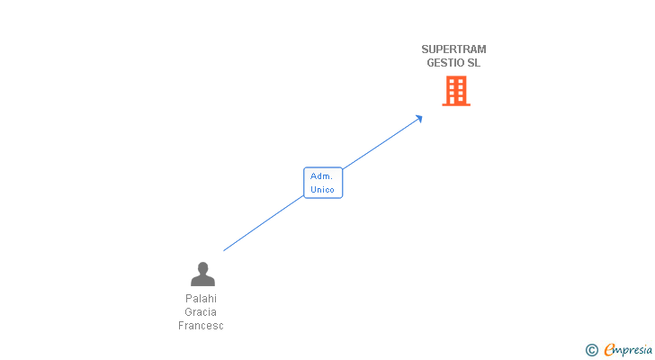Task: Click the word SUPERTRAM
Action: click(x=453, y=49)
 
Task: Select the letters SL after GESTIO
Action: click(x=474, y=63)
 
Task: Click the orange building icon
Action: click(x=456, y=90)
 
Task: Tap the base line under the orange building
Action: click(x=456, y=105)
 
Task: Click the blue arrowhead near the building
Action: click(x=418, y=118)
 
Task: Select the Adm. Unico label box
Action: click(x=323, y=183)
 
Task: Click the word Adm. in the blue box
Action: click(x=322, y=176)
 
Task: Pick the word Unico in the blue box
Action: click(x=323, y=190)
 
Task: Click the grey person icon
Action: click(x=202, y=274)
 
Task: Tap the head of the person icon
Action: click(x=202, y=267)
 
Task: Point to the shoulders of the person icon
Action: click(x=202, y=281)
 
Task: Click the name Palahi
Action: click(x=202, y=299)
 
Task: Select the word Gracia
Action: click(x=202, y=312)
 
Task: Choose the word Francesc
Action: click(x=201, y=326)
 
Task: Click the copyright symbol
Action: click(x=592, y=350)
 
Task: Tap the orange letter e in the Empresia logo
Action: click(x=609, y=349)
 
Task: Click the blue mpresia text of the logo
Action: click(x=633, y=349)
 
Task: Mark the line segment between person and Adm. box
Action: click(x=264, y=223)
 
